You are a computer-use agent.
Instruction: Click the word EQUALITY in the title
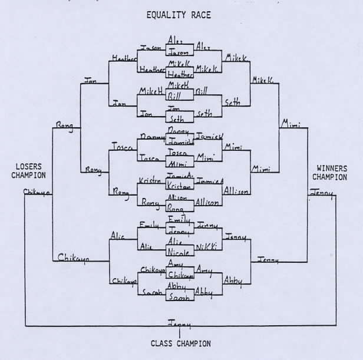[166, 15]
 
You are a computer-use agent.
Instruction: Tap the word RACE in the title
[200, 15]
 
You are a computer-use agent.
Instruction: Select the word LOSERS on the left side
[29, 167]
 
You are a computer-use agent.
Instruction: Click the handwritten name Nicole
[179, 253]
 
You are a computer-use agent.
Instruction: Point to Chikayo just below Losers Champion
[38, 191]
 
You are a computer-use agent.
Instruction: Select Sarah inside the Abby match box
[179, 298]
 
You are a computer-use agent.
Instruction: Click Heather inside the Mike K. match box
[179, 74]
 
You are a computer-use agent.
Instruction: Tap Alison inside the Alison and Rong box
[178, 199]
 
